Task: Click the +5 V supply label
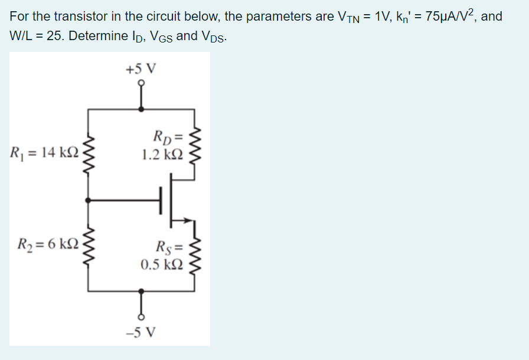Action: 141,68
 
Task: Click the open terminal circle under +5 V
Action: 141,84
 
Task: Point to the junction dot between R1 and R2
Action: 89,201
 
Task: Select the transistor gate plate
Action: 160,201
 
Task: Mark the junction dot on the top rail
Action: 141,109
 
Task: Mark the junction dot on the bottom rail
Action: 141,291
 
